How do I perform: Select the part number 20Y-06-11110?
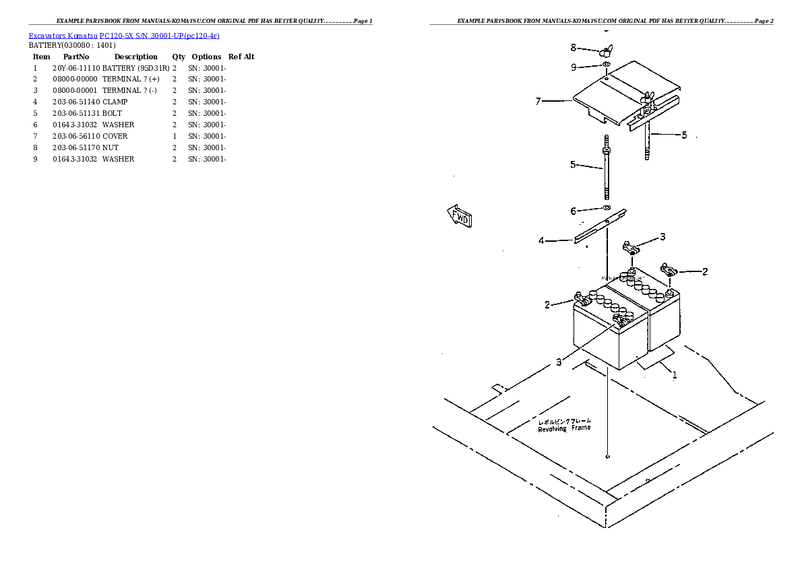point(76,68)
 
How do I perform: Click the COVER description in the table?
point(115,136)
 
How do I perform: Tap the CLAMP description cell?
point(115,102)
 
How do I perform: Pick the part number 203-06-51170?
point(76,147)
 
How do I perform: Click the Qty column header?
point(179,57)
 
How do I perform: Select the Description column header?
point(135,57)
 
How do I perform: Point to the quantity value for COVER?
point(175,136)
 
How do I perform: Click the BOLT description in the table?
point(113,113)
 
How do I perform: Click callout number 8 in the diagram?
point(574,48)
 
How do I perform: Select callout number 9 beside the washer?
point(574,67)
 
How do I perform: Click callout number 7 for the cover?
point(538,102)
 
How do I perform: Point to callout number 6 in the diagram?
point(574,211)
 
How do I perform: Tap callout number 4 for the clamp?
point(541,240)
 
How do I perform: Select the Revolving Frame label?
point(564,425)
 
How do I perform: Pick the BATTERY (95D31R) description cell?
point(135,68)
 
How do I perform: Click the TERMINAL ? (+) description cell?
point(131,79)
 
